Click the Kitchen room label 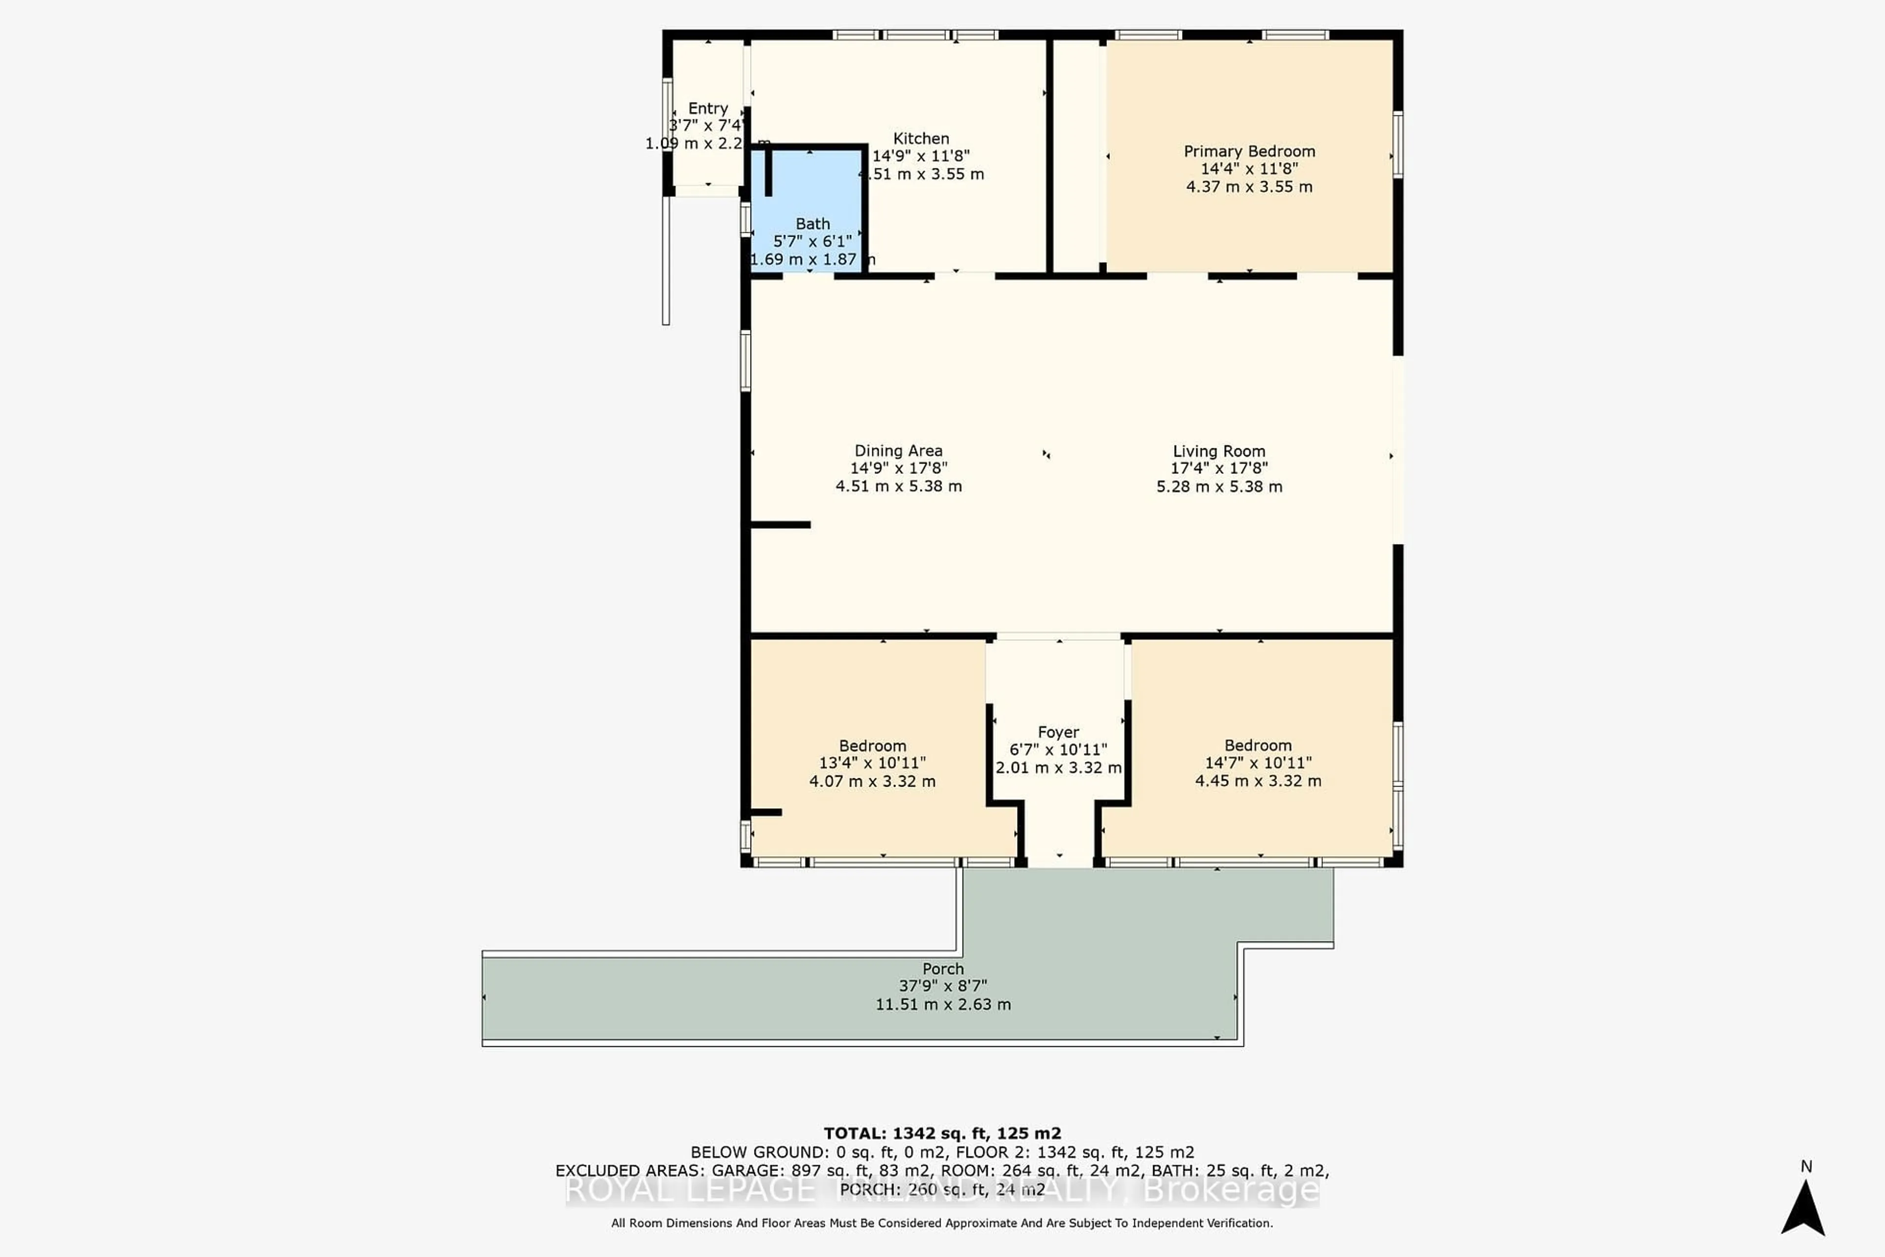[x=921, y=138]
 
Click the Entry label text [x=708, y=108]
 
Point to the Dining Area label [x=898, y=451]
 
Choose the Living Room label [x=1219, y=451]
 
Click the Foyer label [x=1058, y=732]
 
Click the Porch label [x=942, y=968]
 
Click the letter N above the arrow [x=1805, y=1167]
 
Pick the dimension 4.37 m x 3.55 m [x=1249, y=187]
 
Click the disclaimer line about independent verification [x=942, y=1223]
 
